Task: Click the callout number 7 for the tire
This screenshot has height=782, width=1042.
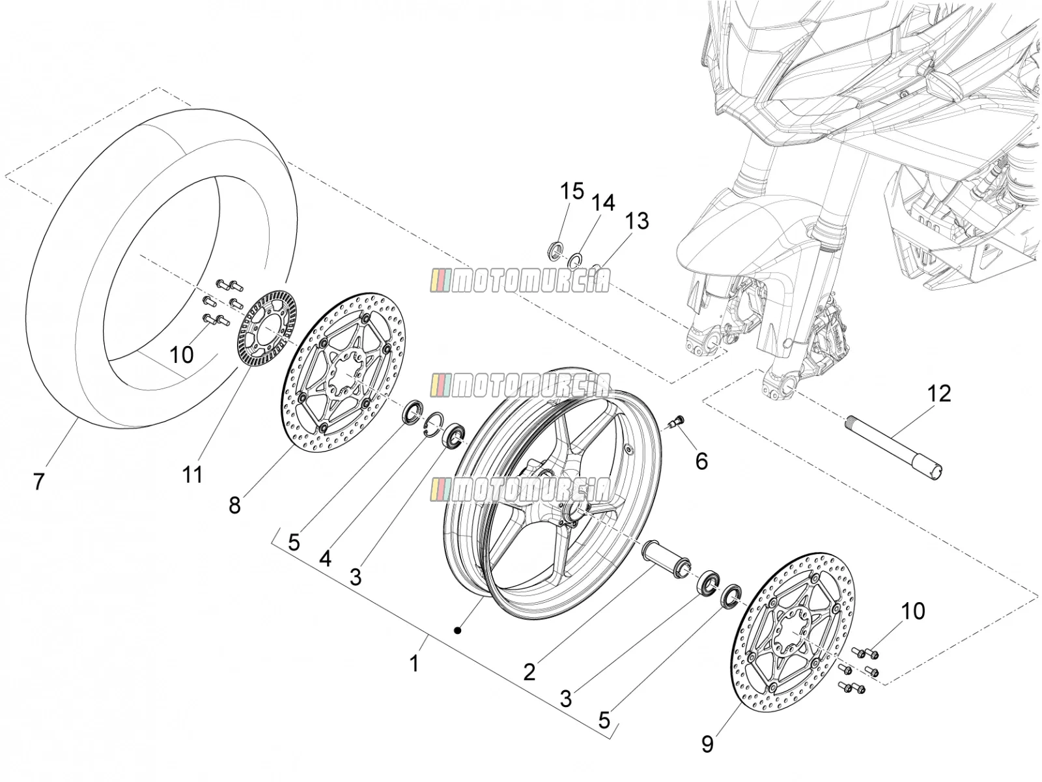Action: pyautogui.click(x=39, y=482)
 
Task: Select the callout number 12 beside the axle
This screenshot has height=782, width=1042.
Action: pyautogui.click(x=938, y=394)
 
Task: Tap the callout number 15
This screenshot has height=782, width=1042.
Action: pyautogui.click(x=572, y=191)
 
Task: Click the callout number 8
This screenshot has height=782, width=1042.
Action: pyautogui.click(x=234, y=506)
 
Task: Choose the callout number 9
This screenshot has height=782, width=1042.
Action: pyautogui.click(x=707, y=744)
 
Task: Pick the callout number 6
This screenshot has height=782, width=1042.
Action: pyautogui.click(x=701, y=461)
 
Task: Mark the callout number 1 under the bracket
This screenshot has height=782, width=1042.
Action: pyautogui.click(x=414, y=663)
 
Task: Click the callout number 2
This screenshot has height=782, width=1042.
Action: pyautogui.click(x=529, y=672)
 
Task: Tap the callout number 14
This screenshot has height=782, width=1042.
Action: pyautogui.click(x=603, y=202)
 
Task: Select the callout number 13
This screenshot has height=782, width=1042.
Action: pyautogui.click(x=636, y=221)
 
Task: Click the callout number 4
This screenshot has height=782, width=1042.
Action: pyautogui.click(x=325, y=559)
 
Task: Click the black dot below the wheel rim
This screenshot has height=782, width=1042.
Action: pyautogui.click(x=458, y=631)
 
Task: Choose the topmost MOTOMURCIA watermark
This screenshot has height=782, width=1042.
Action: pyautogui.click(x=520, y=281)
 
